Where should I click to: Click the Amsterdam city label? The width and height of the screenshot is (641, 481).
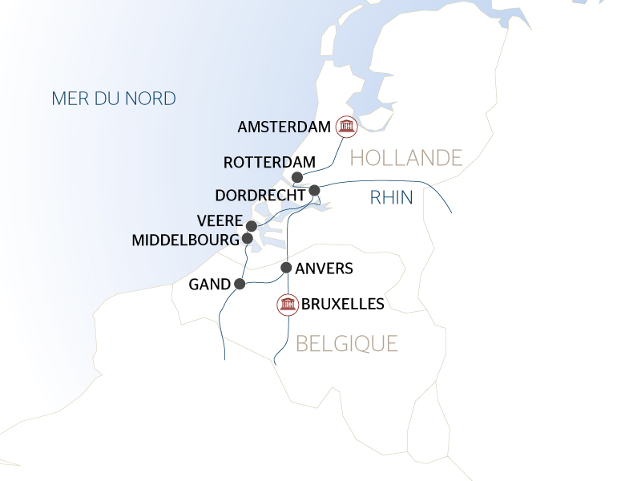point(284,127)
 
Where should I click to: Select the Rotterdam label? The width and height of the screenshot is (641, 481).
point(269,162)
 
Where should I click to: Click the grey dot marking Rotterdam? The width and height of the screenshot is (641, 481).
point(297,178)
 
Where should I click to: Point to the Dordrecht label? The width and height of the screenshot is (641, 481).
point(260,195)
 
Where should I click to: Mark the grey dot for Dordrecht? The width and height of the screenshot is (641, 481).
point(314,190)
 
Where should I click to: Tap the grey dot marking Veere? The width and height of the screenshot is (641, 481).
point(252,226)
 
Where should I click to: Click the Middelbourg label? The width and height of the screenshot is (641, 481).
point(184,240)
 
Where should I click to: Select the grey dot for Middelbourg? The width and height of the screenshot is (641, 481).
point(248,238)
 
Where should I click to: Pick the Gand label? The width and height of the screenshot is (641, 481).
point(208,285)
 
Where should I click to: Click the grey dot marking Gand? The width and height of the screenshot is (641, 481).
point(239,284)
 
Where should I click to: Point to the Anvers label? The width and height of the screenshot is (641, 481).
point(324,269)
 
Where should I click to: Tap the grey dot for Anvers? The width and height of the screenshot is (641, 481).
point(286,268)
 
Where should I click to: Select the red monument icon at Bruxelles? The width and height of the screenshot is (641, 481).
point(287,305)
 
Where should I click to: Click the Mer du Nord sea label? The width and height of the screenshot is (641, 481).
point(113,99)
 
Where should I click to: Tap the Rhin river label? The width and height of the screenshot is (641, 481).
point(391,198)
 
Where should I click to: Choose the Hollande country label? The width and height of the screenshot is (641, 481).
point(407,158)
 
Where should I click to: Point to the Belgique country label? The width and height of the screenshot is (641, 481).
point(347,344)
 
